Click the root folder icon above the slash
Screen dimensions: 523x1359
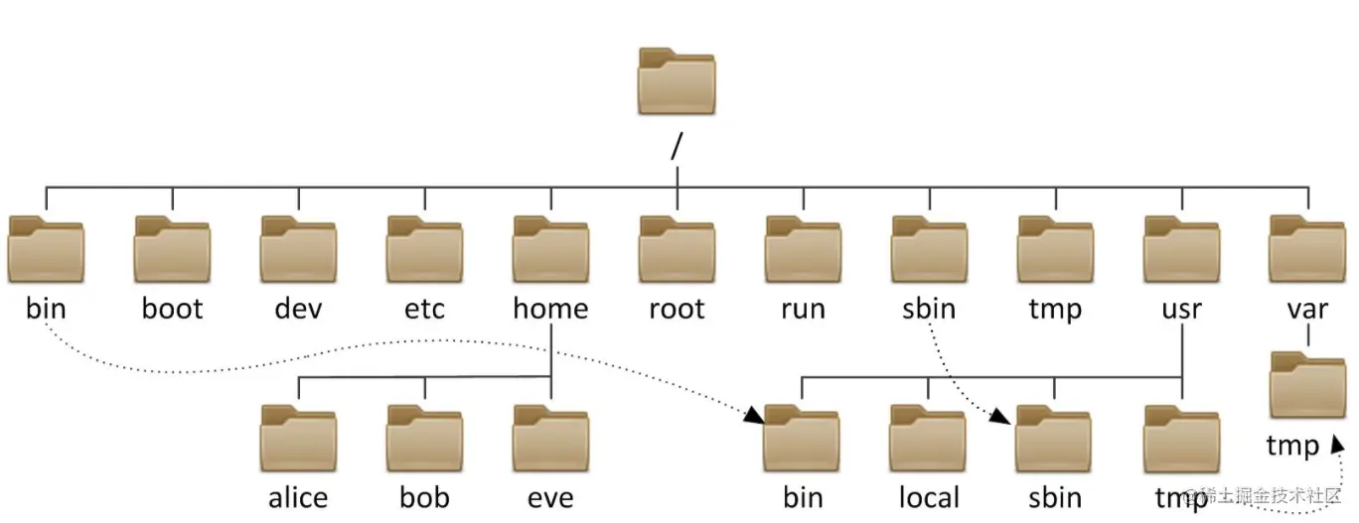click(676, 81)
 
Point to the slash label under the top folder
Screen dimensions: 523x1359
click(678, 146)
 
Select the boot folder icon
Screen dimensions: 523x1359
click(172, 250)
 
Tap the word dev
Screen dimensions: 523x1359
click(298, 309)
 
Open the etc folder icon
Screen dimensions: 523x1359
click(424, 250)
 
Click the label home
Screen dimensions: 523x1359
click(550, 309)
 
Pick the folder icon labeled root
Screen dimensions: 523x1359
click(677, 250)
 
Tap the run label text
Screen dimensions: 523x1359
click(803, 310)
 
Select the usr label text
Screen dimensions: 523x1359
click(1181, 310)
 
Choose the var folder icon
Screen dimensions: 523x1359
click(1307, 250)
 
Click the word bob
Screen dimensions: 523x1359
click(424, 496)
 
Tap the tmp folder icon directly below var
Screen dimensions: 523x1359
click(1307, 387)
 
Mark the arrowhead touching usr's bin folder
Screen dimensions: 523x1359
click(756, 416)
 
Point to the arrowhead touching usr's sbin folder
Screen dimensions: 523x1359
click(1008, 419)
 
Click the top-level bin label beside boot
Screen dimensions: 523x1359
click(46, 309)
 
